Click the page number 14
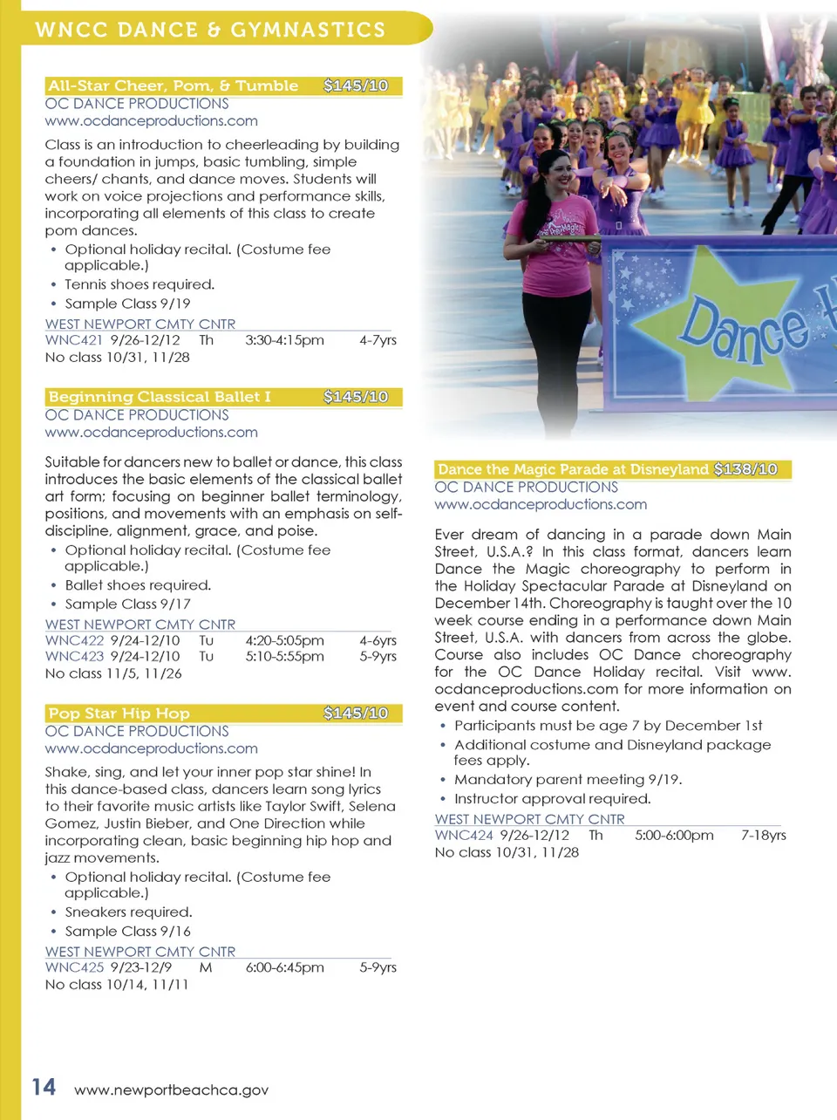pos(44,1087)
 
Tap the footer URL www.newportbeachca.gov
pos(171,1089)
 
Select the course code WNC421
pos(74,340)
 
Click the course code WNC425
pos(74,967)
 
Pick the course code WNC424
pos(464,835)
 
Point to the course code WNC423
pos(74,656)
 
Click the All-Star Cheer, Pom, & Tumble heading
pos(173,85)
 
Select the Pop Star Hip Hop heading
pos(119,713)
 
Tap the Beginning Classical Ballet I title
pos(159,397)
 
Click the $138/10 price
pos(745,469)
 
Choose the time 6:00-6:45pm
pos(284,967)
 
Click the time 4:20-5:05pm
pos(284,640)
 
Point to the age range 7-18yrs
pos(764,835)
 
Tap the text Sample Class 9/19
pos(127,304)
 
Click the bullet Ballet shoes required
pos(138,585)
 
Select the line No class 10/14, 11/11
pos(117,985)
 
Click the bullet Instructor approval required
pos(552,799)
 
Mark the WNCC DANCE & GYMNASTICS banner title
pos(210,30)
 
